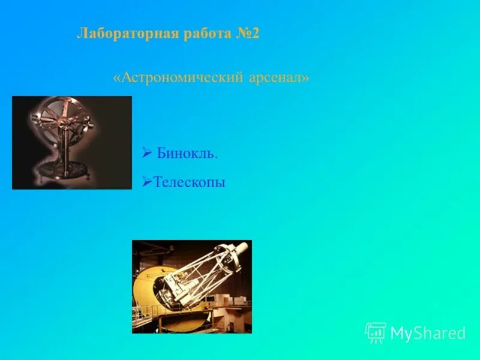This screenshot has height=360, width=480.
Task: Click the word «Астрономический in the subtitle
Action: [x=178, y=78]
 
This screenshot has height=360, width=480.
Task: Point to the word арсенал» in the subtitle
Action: [x=279, y=78]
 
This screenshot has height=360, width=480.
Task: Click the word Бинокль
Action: [x=187, y=154]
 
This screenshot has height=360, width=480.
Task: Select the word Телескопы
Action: [x=190, y=182]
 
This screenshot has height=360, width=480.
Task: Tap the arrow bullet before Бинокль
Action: [x=147, y=154]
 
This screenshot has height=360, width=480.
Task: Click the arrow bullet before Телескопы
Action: [x=146, y=181]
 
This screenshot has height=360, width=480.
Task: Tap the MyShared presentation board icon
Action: [x=376, y=332]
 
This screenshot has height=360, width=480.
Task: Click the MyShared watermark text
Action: [x=428, y=334]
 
